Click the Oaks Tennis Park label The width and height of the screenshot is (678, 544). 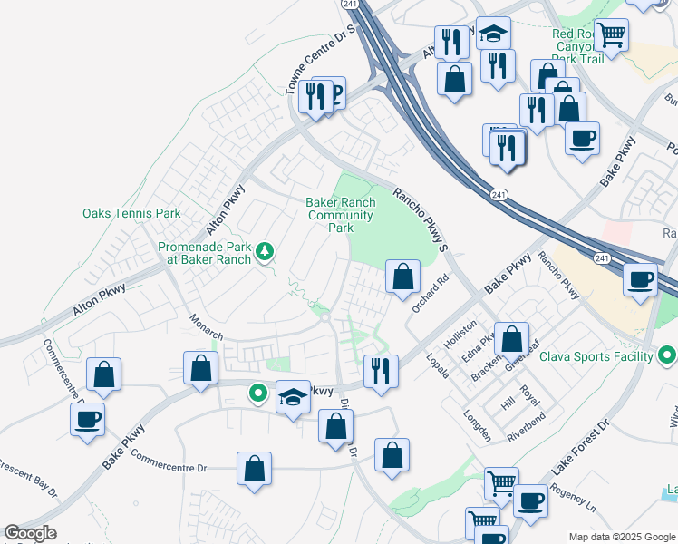coord(131,214)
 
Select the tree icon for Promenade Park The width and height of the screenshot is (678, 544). coord(265,250)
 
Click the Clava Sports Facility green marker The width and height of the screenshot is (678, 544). coord(668,355)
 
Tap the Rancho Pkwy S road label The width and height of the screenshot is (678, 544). coord(421,219)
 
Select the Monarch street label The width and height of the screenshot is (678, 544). coord(206,327)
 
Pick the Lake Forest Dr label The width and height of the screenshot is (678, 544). coord(579,448)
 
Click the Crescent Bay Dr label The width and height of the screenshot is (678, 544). coord(27,481)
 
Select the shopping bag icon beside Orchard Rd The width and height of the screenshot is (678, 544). coord(402,276)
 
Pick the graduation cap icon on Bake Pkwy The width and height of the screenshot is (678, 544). coord(293,396)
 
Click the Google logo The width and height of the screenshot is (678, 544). coord(30,533)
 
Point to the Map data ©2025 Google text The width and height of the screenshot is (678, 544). coord(622,537)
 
